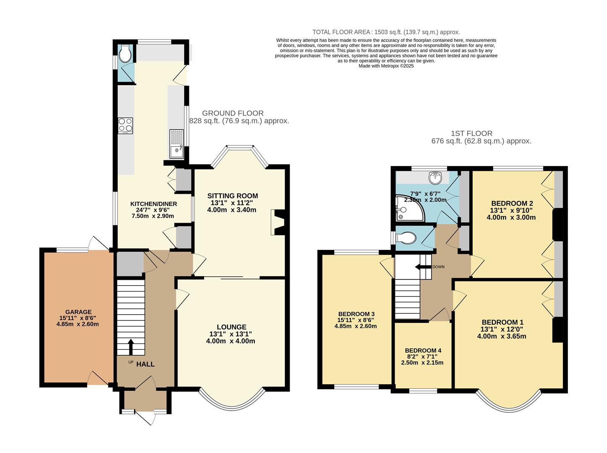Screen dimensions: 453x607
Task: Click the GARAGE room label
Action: [78, 312]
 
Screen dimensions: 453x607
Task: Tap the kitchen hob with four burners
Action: [126, 125]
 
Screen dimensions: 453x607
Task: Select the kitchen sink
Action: [176, 144]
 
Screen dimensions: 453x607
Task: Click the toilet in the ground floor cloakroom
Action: [125, 54]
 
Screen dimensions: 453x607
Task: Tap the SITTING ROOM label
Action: [232, 196]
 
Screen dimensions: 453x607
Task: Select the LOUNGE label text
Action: [231, 327]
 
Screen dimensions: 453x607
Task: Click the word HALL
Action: [145, 364]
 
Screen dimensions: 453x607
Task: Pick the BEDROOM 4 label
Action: [423, 351]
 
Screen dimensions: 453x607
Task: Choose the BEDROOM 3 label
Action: [356, 314]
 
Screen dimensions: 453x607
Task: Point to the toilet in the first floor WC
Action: [406, 239]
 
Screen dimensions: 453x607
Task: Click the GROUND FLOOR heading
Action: [233, 113]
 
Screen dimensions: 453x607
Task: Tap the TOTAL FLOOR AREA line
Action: [386, 32]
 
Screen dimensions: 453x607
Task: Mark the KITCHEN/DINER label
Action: [153, 204]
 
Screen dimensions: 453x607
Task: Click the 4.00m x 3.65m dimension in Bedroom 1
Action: [502, 336]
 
